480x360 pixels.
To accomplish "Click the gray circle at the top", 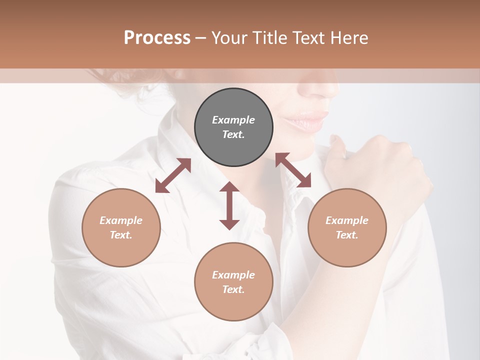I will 233,127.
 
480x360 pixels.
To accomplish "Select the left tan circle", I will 121,227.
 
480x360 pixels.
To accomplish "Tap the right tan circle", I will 347,227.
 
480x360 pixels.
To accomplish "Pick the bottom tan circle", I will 233,282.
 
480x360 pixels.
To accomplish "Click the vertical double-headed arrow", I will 229,205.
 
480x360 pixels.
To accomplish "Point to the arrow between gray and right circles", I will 293,170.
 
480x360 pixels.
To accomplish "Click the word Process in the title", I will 157,37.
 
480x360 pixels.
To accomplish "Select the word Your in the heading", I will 229,37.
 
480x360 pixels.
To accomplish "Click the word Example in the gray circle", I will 233,120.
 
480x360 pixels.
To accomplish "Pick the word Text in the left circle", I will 121,235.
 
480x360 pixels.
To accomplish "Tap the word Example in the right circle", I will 347,220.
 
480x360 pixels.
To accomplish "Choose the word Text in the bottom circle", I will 233,289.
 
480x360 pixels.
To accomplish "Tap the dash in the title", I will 200,37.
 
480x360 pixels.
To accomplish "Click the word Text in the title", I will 309,37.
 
